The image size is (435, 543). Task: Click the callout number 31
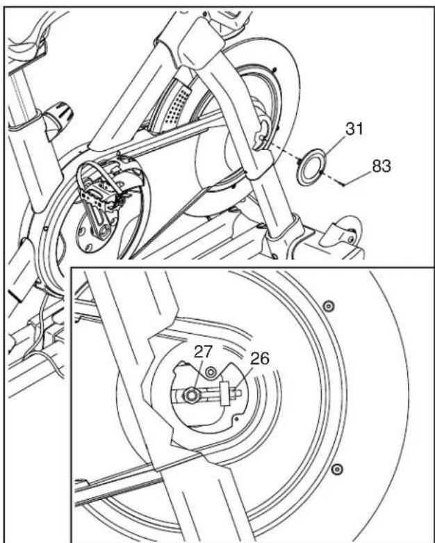[x=354, y=129]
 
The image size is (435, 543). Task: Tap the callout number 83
[x=381, y=166]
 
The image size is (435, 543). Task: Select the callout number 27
[x=203, y=352]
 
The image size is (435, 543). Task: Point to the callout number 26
[x=260, y=359]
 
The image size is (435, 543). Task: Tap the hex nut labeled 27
[x=190, y=395]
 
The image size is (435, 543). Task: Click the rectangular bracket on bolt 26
[x=225, y=393]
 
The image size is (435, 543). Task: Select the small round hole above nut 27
[x=210, y=373]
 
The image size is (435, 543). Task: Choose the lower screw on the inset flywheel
[x=337, y=469]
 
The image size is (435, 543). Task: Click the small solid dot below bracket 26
[x=236, y=419]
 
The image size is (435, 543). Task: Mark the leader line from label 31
[x=334, y=146]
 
